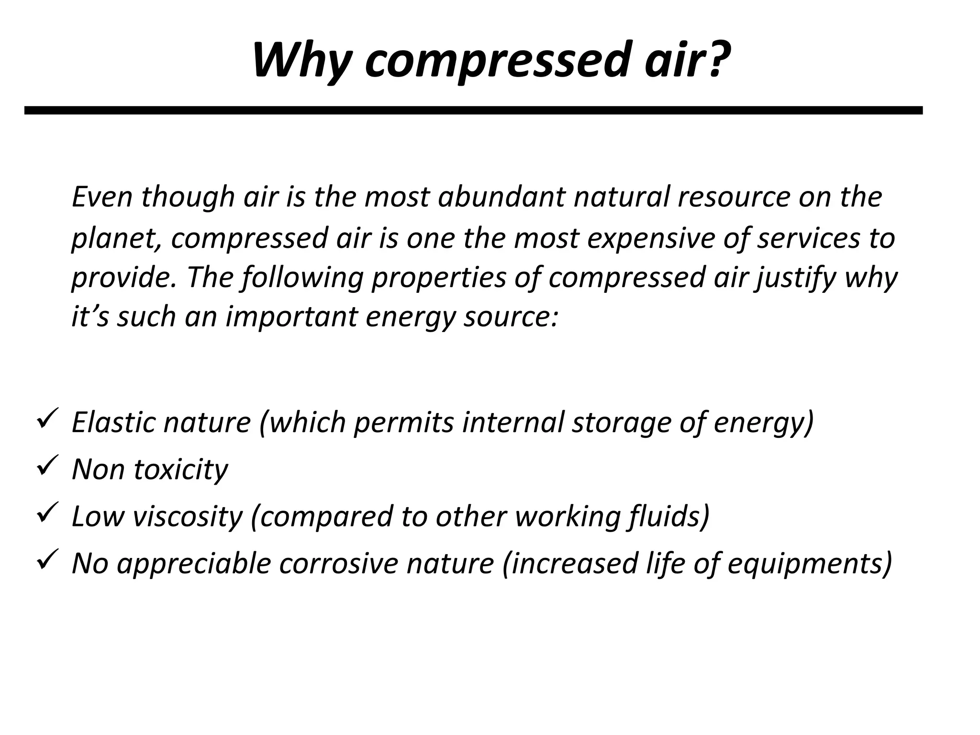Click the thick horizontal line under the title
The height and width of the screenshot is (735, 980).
click(473, 111)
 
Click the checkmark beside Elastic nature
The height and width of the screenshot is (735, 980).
click(47, 418)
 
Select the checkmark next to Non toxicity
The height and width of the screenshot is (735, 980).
click(47, 465)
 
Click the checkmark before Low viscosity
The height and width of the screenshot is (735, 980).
click(47, 512)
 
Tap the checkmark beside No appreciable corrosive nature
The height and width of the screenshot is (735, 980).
click(47, 559)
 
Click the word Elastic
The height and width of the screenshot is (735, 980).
click(113, 422)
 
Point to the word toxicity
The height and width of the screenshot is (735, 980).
click(181, 470)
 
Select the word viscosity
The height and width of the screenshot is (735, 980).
click(187, 517)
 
